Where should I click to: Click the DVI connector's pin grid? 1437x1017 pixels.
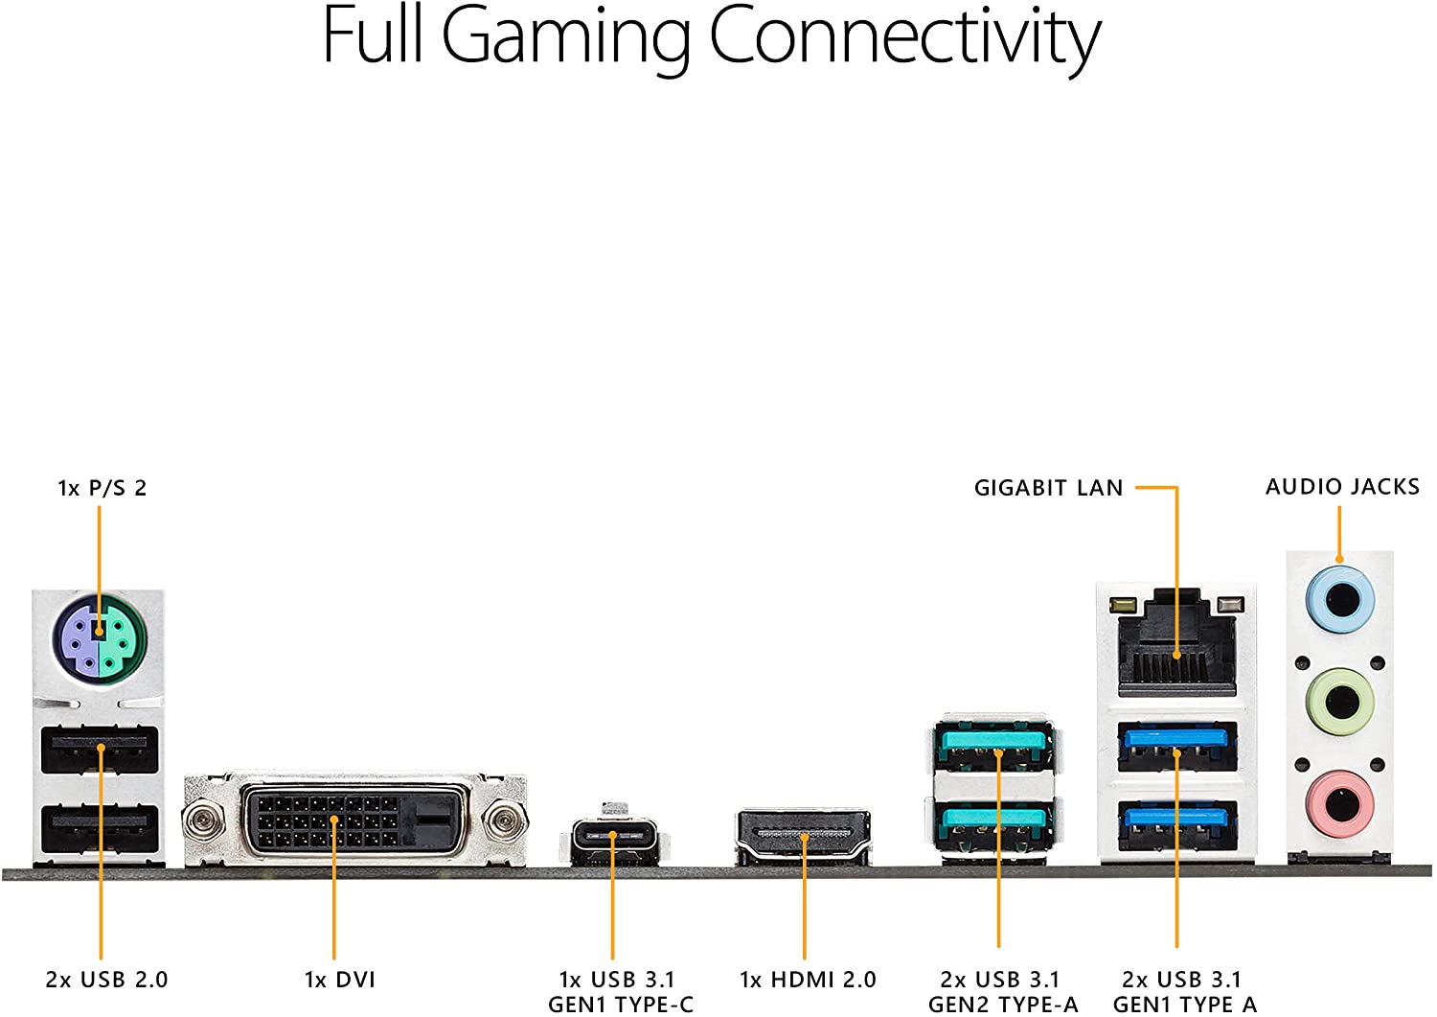tap(326, 821)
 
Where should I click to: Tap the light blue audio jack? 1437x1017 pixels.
tap(1340, 600)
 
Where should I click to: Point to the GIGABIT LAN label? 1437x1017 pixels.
tap(1048, 488)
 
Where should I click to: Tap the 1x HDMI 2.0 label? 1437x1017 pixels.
tap(808, 980)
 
